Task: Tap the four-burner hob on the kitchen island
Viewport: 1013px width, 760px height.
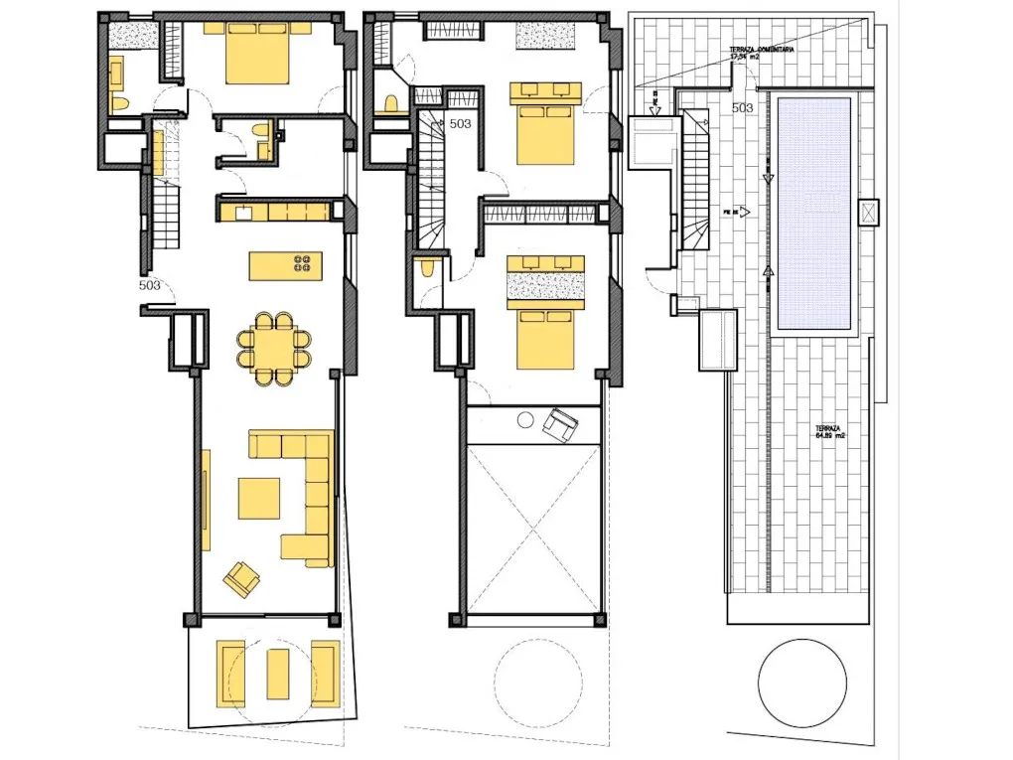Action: [301, 264]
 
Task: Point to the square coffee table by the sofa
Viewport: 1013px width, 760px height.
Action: [259, 498]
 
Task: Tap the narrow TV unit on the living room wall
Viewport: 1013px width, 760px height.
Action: [207, 500]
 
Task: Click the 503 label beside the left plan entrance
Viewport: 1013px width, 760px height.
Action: [150, 285]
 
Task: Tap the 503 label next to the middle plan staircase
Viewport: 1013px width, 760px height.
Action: [460, 124]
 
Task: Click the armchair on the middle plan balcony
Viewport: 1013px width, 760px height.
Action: [559, 425]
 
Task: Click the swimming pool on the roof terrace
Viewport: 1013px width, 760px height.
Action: [814, 213]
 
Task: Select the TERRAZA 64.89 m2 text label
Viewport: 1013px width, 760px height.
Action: [830, 430]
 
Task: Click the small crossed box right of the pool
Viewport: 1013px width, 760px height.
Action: [869, 213]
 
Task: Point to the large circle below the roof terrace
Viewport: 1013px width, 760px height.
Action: [802, 685]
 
